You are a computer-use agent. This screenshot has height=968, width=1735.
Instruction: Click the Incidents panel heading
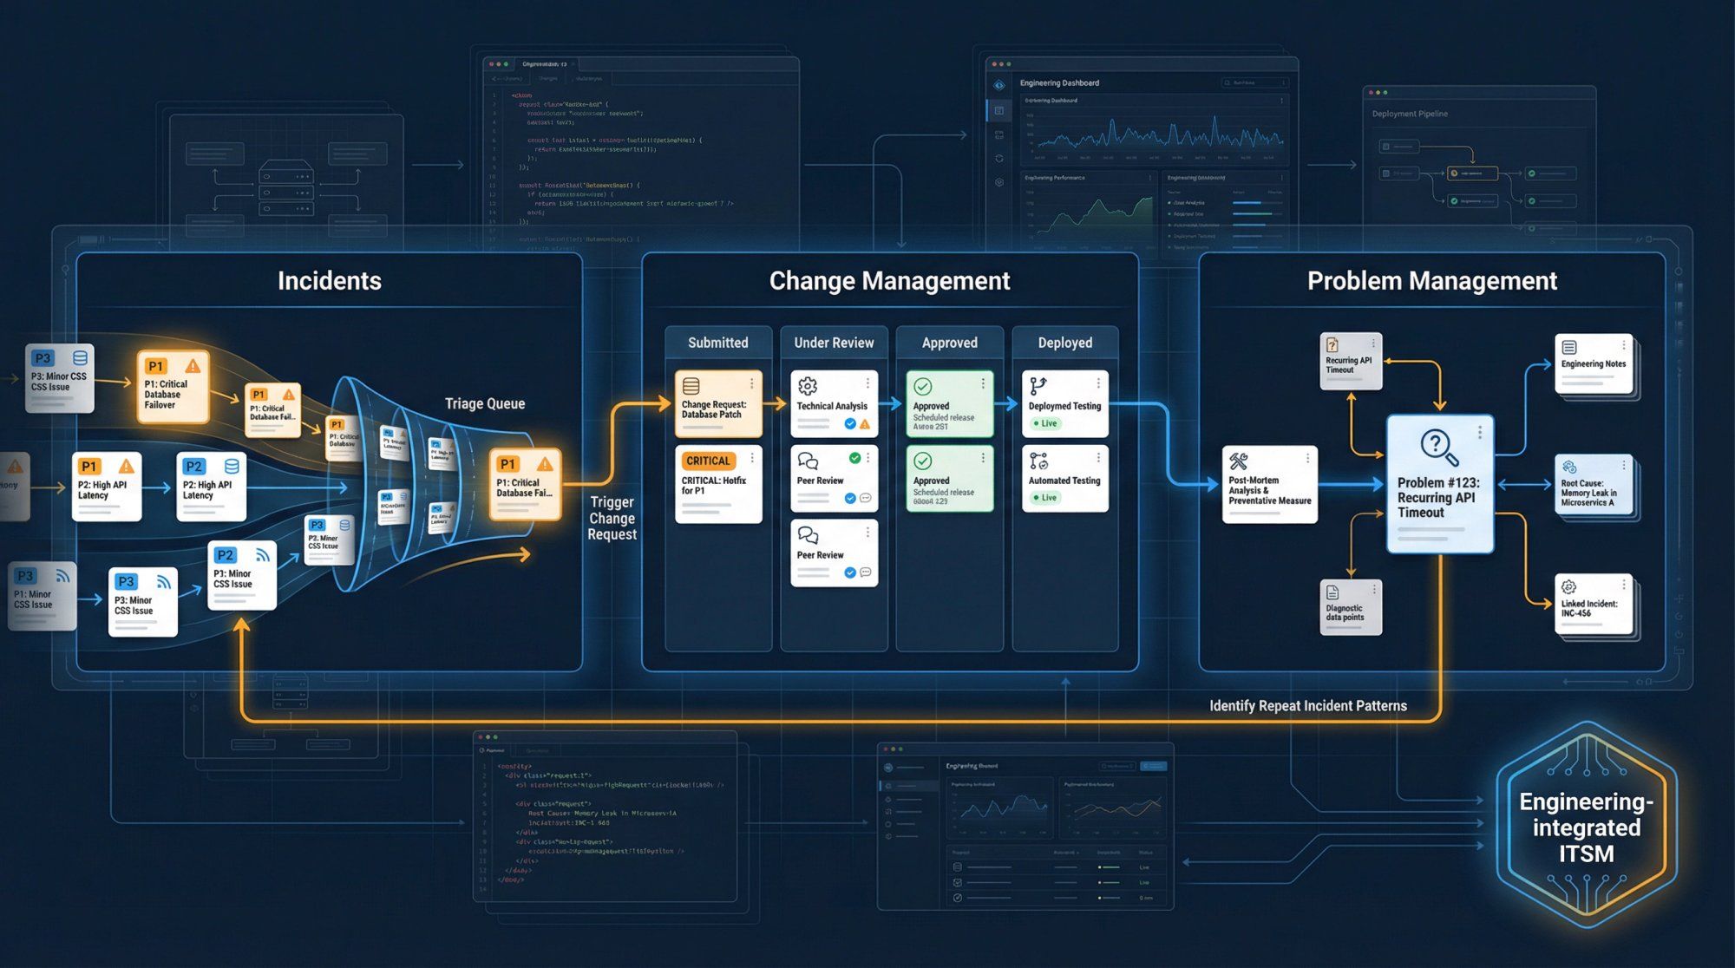tap(329, 281)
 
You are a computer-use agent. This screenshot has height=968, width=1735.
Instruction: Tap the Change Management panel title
tap(889, 281)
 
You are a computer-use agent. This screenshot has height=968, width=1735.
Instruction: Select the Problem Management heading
tap(1431, 281)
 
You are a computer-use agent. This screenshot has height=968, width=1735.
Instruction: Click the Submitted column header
tap(717, 343)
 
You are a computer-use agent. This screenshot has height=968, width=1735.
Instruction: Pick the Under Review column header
tap(834, 343)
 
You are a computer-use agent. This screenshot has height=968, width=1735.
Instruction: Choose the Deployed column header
tap(1064, 343)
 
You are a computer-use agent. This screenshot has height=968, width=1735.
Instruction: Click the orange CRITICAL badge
tap(709, 461)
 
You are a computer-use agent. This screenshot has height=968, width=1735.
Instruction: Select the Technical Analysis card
tap(834, 404)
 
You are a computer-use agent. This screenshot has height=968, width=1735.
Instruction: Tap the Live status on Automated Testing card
tap(1044, 498)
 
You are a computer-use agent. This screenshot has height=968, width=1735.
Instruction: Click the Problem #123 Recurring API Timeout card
tap(1439, 484)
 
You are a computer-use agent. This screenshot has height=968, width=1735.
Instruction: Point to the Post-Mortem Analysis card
tap(1269, 485)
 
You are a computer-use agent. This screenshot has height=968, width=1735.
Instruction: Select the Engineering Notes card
tap(1594, 364)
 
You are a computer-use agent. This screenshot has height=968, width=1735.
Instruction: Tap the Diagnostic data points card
tap(1349, 607)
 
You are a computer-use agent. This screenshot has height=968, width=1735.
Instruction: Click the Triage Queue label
tap(484, 403)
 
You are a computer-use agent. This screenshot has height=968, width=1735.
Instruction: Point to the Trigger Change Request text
tap(612, 519)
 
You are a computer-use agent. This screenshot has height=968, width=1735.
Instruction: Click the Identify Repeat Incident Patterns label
tap(1307, 706)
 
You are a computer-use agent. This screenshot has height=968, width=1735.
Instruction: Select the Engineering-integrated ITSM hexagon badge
tap(1586, 827)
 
